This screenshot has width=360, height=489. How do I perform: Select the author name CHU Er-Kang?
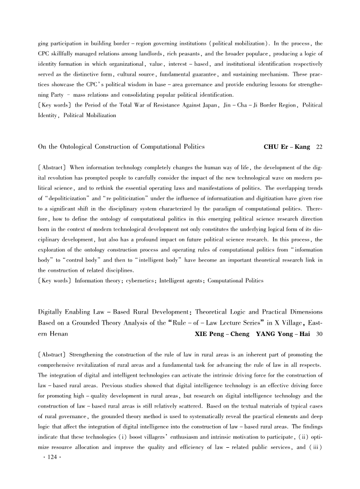click(x=287, y=147)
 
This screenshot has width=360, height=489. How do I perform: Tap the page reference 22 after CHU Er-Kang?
click(x=319, y=147)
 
